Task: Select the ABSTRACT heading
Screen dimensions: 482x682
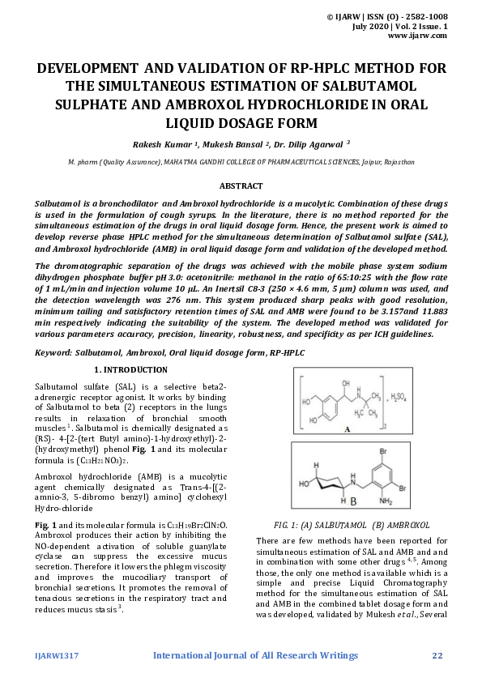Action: (241, 185)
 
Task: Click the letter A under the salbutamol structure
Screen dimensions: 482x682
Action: (348, 430)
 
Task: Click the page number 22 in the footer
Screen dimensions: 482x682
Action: (437, 654)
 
